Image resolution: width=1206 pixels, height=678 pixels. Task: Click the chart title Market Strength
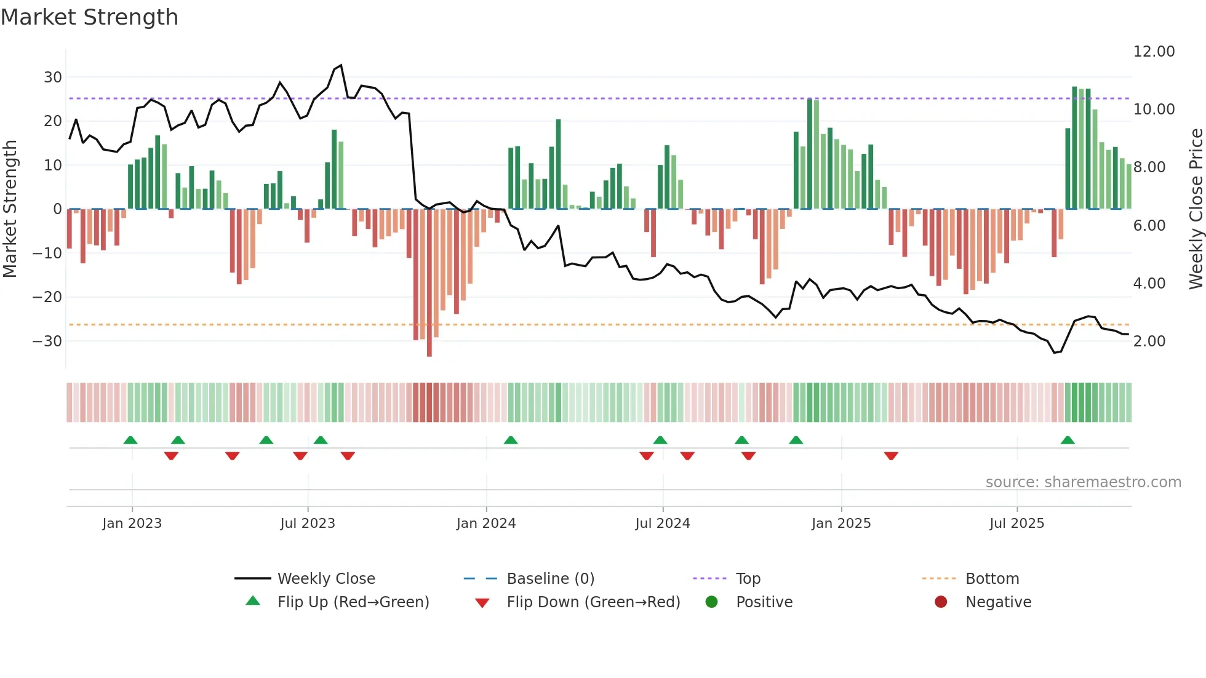coord(89,17)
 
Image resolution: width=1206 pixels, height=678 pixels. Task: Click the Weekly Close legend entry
coord(325,579)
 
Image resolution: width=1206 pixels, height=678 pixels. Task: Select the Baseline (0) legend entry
coord(550,579)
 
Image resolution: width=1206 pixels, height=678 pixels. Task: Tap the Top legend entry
coord(748,579)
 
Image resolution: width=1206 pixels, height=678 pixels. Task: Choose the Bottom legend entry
coord(992,579)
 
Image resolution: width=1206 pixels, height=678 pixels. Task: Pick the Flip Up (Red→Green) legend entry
coord(353,602)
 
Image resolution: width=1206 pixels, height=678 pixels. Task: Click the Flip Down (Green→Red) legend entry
coord(593,602)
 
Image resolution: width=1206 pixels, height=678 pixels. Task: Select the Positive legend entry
coord(764,602)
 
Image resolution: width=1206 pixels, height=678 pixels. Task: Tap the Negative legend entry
coord(997,602)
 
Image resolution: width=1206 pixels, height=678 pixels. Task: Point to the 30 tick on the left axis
coord(53,78)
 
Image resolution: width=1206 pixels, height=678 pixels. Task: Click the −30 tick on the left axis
coord(47,341)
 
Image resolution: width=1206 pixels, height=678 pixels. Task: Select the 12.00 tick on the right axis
coord(1154,52)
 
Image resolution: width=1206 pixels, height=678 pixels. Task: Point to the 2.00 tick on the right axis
coord(1149,341)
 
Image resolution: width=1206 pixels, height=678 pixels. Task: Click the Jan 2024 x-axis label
coord(486,524)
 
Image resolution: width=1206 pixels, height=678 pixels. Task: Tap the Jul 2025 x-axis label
coord(1016,524)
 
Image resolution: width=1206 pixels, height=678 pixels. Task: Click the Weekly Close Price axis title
coord(1196,209)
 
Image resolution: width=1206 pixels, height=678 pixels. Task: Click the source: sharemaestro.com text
coord(1083,482)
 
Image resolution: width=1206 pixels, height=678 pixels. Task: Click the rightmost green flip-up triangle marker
coord(1068,441)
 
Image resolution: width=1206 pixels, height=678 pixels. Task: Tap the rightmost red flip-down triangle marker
coord(891,456)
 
